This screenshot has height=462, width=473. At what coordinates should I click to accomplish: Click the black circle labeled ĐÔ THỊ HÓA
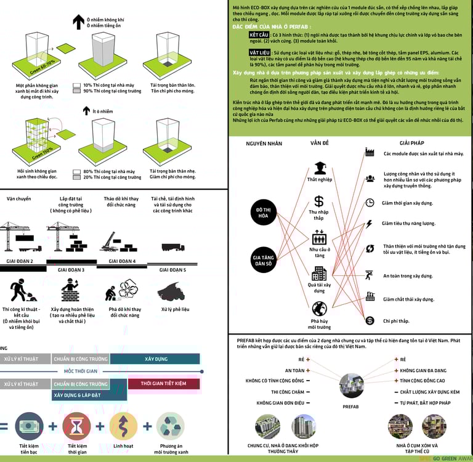coord(264,213)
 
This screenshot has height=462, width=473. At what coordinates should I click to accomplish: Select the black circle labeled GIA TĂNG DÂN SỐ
coord(264,259)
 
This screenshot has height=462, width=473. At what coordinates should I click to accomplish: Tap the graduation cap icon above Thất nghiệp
coord(319,168)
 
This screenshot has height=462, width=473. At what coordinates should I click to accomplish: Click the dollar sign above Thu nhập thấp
coord(319,201)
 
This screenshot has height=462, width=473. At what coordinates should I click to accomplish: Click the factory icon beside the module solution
coord(370,152)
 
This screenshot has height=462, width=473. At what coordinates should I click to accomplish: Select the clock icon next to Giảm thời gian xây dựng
coord(370,203)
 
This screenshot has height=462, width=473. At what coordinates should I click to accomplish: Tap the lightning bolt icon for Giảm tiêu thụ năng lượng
coord(370,224)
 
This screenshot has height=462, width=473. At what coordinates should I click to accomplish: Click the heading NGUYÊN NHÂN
coord(264,143)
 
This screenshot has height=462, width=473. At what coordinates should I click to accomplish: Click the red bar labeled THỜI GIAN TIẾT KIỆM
coord(163,384)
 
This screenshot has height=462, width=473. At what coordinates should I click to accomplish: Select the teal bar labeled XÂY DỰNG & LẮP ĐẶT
coord(78,395)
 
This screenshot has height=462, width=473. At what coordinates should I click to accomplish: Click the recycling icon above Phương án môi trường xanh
coord(170,426)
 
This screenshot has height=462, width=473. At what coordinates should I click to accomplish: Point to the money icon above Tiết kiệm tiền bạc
coord(29,426)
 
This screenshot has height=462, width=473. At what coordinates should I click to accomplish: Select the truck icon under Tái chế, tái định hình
coord(172,247)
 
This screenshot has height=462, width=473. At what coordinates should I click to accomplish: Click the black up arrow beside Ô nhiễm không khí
coord(78,23)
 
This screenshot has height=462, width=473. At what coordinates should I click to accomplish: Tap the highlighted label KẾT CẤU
coord(250,36)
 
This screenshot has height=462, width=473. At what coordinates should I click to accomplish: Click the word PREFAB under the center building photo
coord(350,407)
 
